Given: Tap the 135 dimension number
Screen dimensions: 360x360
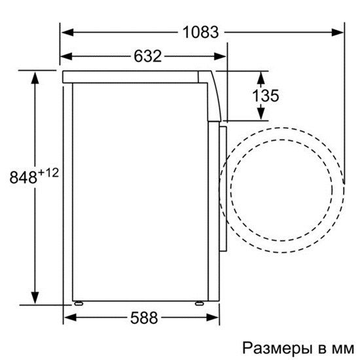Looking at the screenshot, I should [x=266, y=96].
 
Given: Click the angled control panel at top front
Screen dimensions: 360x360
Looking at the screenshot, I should [x=214, y=95].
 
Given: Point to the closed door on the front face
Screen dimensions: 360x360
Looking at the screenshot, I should [x=222, y=187].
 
